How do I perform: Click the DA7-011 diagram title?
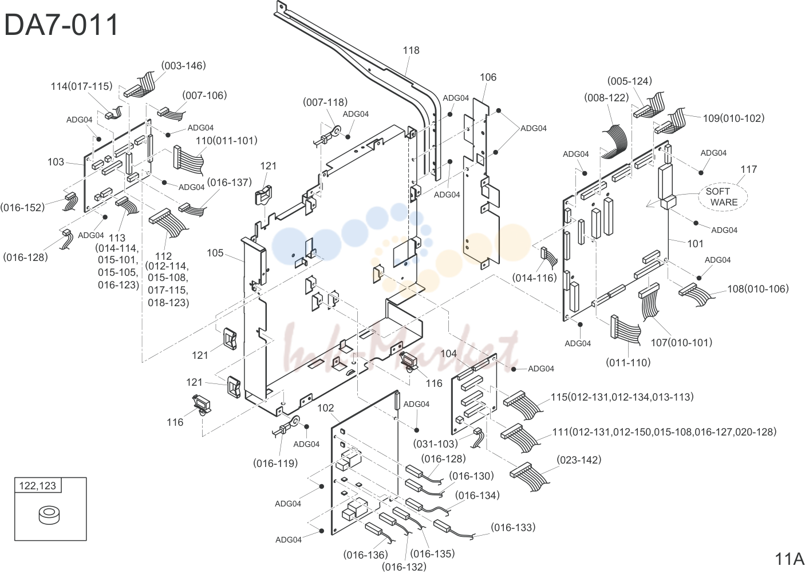[x=61, y=25]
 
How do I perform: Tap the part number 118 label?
[x=411, y=50]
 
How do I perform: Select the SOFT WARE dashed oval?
[x=723, y=197]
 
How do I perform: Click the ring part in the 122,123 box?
[x=49, y=516]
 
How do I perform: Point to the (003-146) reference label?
[x=183, y=66]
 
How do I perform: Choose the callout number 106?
[x=488, y=77]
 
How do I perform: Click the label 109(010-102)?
[x=733, y=118]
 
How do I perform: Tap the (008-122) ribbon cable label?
[x=606, y=98]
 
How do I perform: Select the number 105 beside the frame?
[x=215, y=253]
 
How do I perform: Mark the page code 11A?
[x=789, y=559]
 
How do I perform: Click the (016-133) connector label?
[x=513, y=527]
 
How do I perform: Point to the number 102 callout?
[x=326, y=408]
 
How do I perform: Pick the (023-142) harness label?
[x=579, y=460]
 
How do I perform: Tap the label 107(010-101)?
[x=681, y=342]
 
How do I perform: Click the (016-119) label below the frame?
[x=275, y=464]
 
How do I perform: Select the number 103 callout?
[x=56, y=162]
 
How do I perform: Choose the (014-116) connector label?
[x=534, y=278]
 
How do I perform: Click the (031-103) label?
[x=435, y=444]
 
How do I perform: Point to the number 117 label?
[x=748, y=169]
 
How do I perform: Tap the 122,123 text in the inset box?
[x=37, y=486]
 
